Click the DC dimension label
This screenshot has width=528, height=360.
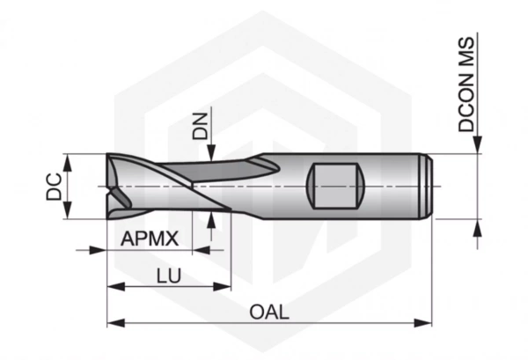tap(54, 187)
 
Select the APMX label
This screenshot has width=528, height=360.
tap(150, 239)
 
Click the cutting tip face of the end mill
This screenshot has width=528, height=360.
tap(113, 187)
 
